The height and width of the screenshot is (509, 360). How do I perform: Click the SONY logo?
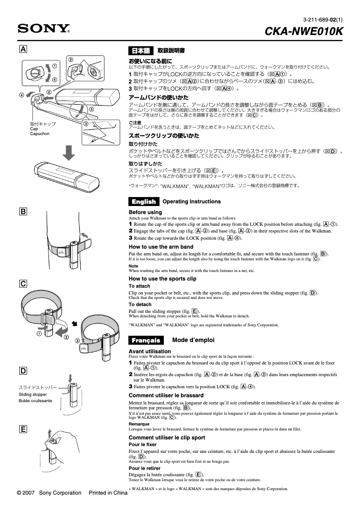[44, 30]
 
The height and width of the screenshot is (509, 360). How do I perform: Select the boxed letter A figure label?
[22, 48]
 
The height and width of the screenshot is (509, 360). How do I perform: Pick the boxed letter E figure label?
[22, 429]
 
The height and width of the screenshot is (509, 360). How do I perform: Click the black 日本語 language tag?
[141, 51]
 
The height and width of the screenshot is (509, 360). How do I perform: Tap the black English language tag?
[144, 202]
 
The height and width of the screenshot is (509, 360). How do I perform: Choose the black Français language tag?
[146, 340]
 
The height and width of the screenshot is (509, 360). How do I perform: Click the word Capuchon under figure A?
[40, 134]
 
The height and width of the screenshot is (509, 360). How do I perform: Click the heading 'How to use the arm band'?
[161, 247]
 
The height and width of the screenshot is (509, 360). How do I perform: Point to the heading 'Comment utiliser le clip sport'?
[167, 438]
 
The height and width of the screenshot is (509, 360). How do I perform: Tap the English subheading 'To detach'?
[140, 304]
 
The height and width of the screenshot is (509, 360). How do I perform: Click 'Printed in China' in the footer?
[108, 493]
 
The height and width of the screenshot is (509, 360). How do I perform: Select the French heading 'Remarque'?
[139, 424]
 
